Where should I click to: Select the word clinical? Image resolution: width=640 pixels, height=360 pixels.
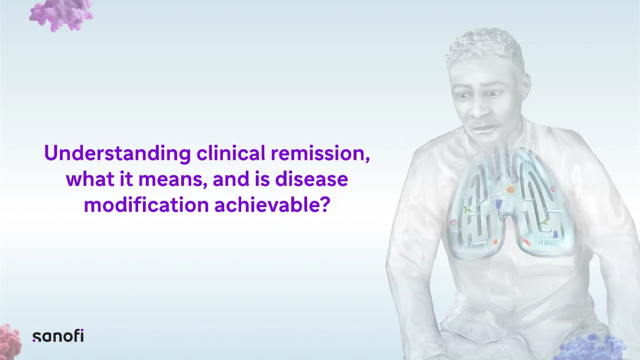(231, 153)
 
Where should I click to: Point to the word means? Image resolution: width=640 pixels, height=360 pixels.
(170, 179)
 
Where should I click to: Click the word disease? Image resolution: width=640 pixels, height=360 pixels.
(311, 179)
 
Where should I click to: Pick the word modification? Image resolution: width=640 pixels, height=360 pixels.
(146, 205)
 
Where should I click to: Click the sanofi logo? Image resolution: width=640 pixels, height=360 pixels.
(58, 336)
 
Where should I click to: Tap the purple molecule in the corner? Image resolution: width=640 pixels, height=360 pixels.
(61, 15)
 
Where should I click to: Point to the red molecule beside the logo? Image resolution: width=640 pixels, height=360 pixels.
(10, 342)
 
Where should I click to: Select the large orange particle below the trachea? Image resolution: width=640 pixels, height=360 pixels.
(510, 189)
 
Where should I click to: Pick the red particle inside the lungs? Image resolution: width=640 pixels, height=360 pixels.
(527, 242)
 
